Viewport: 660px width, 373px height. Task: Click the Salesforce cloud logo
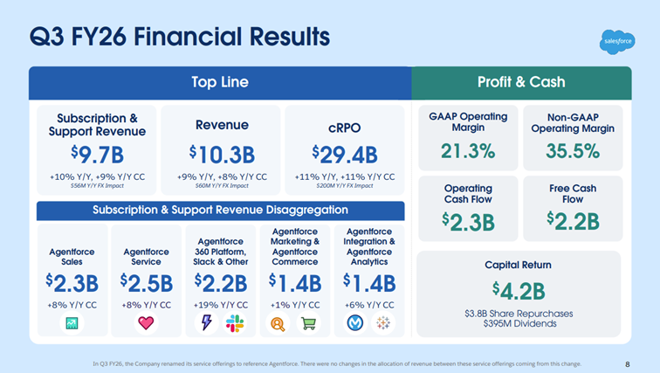click(x=617, y=41)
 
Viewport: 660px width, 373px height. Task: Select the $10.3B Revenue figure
click(x=221, y=155)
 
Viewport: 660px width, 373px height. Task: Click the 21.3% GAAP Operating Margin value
click(x=468, y=150)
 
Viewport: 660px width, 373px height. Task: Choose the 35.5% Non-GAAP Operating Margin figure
click(x=572, y=150)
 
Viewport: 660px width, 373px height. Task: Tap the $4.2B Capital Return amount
click(x=519, y=289)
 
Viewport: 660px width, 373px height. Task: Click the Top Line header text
click(x=220, y=82)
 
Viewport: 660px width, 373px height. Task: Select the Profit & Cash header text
click(x=521, y=82)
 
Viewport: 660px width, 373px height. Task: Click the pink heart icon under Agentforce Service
click(x=146, y=323)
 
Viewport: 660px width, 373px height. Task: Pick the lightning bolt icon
click(x=208, y=323)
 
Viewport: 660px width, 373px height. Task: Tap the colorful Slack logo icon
click(x=234, y=323)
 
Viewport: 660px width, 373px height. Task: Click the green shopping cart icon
click(x=307, y=323)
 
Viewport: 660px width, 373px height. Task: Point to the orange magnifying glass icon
click(x=278, y=323)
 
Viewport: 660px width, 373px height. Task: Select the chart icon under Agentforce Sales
click(x=71, y=323)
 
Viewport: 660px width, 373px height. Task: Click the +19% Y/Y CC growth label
click(x=221, y=305)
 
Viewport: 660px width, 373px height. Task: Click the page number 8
click(x=628, y=363)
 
